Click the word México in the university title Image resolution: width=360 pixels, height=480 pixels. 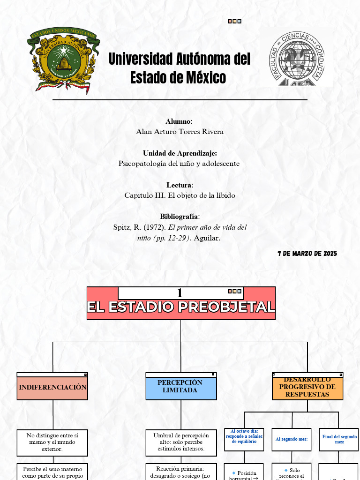point(206,77)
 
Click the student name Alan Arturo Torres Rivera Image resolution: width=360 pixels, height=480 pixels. point(180,132)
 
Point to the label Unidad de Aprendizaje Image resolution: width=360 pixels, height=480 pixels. point(180,153)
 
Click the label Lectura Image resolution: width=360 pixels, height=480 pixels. point(179,185)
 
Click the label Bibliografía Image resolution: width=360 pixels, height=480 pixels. point(180,217)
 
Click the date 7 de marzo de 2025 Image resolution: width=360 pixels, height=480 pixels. point(307,254)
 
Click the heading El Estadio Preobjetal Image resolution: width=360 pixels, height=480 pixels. point(181,307)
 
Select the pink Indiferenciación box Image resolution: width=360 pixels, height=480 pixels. point(52,388)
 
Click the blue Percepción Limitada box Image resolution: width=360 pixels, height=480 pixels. point(181,387)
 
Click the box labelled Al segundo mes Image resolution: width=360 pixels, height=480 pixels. point(291,439)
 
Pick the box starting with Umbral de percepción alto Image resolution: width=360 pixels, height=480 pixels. point(181,442)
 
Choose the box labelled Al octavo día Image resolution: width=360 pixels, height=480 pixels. point(244,436)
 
